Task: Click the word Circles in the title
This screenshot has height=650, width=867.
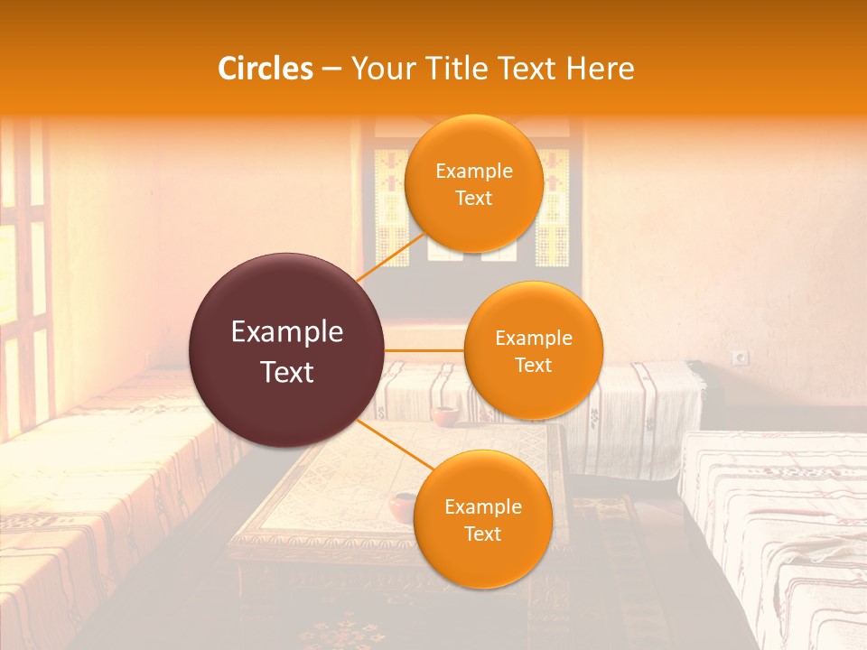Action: pyautogui.click(x=266, y=69)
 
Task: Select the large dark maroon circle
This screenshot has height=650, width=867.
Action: pyautogui.click(x=287, y=351)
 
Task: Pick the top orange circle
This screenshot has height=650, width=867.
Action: pyautogui.click(x=473, y=183)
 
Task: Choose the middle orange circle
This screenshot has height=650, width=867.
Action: pyautogui.click(x=533, y=350)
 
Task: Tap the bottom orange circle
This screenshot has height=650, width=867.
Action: pyautogui.click(x=482, y=519)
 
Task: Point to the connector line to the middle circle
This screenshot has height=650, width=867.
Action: pyautogui.click(x=424, y=350)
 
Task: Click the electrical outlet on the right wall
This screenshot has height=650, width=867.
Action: pyautogui.click(x=741, y=357)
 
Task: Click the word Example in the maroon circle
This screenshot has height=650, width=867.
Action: pyautogui.click(x=287, y=332)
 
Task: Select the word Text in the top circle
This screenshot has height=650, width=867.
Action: pyautogui.click(x=473, y=198)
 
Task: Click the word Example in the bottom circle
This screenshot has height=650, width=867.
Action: pyautogui.click(x=482, y=506)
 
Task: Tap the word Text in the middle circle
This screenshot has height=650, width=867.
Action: pyautogui.click(x=533, y=365)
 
